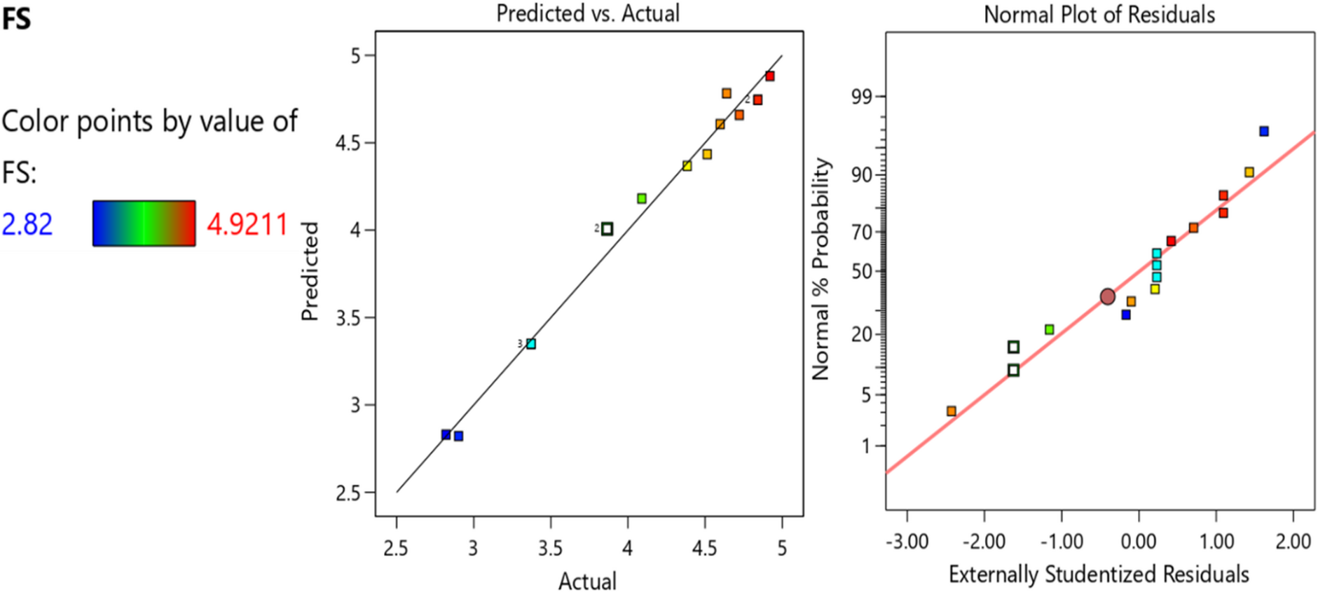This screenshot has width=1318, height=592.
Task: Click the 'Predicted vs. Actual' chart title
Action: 587,13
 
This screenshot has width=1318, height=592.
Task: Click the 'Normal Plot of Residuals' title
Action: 1099,14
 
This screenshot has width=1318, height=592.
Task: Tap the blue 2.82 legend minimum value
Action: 27,224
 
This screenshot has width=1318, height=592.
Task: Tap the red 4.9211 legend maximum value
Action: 247,224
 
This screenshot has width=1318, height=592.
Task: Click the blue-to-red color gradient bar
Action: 144,223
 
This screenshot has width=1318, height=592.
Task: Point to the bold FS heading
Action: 16,18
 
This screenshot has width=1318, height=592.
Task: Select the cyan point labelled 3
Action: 531,344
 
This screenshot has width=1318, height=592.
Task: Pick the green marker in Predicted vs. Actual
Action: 642,199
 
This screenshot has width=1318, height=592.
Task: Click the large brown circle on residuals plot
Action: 1107,297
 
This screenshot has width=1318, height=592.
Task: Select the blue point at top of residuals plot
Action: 1264,131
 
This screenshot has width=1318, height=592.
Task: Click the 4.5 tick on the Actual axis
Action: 704,548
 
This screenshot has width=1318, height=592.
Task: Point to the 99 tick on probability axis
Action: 864,97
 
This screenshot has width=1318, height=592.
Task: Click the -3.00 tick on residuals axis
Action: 907,542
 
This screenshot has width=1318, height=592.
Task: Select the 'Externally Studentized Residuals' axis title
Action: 1099,574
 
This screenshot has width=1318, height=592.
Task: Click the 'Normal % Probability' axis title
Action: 821,269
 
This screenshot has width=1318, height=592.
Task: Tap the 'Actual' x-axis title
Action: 587,581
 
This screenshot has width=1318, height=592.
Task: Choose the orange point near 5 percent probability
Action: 952,411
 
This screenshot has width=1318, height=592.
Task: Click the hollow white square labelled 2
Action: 607,229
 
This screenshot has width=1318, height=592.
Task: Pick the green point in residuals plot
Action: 1049,329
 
